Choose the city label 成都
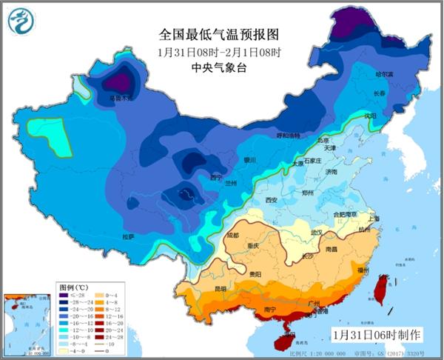click(x=234, y=235)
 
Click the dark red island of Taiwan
click(x=382, y=290)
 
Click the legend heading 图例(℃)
click(x=72, y=286)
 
